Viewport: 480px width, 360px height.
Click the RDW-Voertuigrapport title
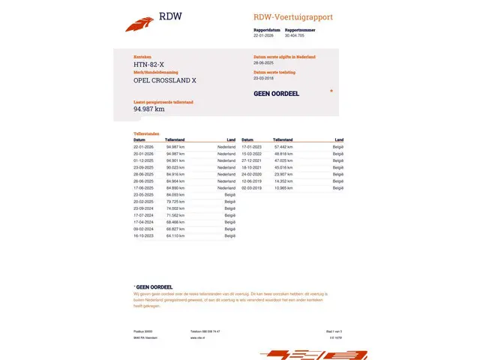click(x=292, y=17)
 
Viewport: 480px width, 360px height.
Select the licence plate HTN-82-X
click(x=149, y=65)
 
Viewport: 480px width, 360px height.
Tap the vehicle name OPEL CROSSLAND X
click(x=165, y=80)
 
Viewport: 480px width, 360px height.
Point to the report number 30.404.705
click(x=289, y=35)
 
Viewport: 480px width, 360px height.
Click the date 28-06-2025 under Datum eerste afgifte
click(x=265, y=63)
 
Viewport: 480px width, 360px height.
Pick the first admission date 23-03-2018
click(x=265, y=78)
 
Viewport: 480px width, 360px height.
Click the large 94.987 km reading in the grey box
click(x=149, y=109)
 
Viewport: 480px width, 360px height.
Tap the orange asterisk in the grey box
click(x=331, y=91)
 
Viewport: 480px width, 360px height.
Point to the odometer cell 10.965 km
click(x=283, y=187)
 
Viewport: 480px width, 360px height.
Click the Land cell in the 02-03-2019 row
click(x=339, y=187)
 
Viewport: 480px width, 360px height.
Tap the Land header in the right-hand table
click(x=339, y=139)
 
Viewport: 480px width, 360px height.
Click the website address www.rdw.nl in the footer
click(x=198, y=337)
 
